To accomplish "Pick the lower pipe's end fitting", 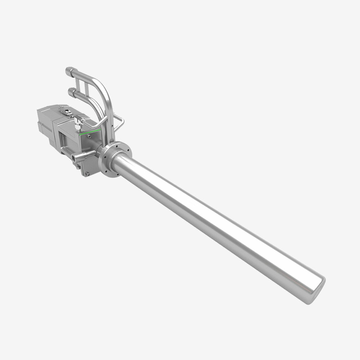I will pyautogui.click(x=71, y=92).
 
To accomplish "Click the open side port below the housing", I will pyautogui.click(x=75, y=157).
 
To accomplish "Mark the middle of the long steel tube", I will pyautogui.click(x=216, y=222).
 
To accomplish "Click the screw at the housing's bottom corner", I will pyautogui.click(x=87, y=172).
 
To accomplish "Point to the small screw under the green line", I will pyautogui.click(x=89, y=135).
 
